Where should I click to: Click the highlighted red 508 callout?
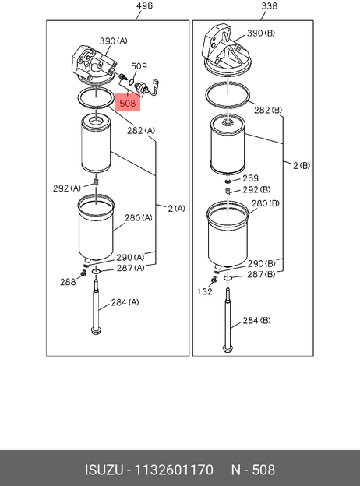(x=128, y=103)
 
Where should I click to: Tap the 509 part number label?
(x=139, y=66)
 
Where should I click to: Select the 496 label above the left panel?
(x=144, y=6)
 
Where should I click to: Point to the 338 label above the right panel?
(x=269, y=6)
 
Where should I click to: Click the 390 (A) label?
(x=113, y=41)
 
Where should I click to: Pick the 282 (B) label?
(x=268, y=111)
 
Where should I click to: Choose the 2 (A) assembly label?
(x=176, y=209)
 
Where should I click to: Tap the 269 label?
(x=251, y=178)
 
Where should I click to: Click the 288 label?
(x=68, y=282)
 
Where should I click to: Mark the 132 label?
(x=205, y=291)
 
